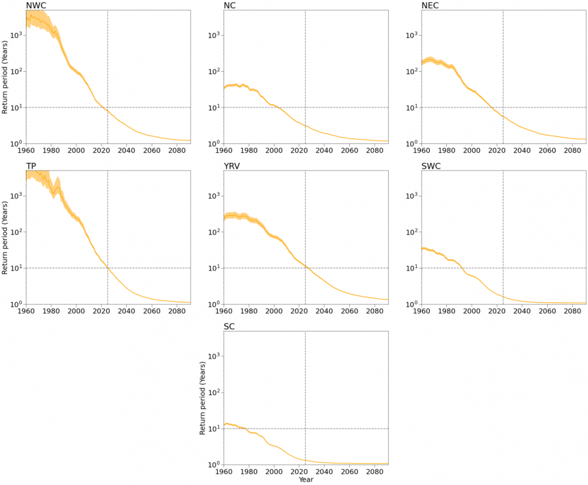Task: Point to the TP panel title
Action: coord(31,166)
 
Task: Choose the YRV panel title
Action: coord(232,166)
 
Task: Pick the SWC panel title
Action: coord(431,166)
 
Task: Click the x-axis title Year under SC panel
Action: coord(306,480)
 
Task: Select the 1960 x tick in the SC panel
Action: coord(224,471)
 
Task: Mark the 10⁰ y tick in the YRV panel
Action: coord(213,305)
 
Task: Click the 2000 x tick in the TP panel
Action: coord(76,311)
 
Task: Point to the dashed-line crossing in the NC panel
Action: coord(305,108)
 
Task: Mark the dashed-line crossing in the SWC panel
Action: coord(503,268)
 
